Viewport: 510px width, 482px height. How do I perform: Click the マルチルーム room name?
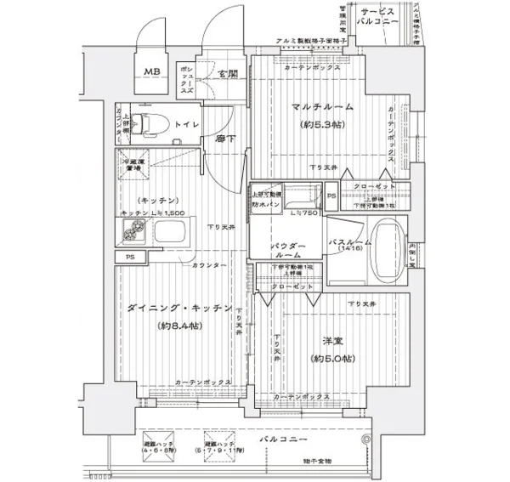click(x=315, y=107)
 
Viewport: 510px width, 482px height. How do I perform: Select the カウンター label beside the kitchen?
click(x=209, y=266)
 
